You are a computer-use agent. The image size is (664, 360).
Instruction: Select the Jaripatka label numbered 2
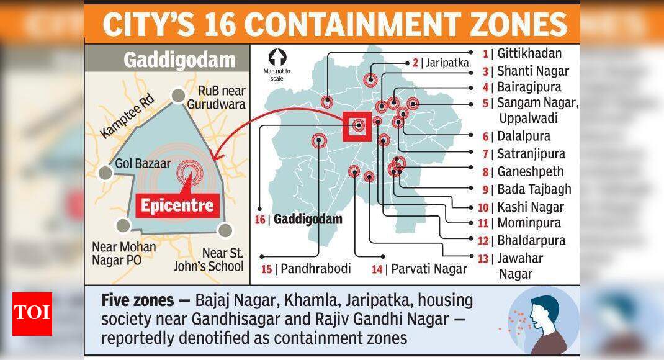tap(445, 63)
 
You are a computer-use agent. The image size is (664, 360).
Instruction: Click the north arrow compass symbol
tap(277, 58)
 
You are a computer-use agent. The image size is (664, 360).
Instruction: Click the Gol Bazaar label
tap(140, 164)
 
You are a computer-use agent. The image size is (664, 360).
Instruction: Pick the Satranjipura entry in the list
tap(531, 154)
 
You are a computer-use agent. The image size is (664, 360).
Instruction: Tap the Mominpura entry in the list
tap(528, 223)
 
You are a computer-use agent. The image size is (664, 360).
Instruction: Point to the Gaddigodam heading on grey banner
tap(179, 60)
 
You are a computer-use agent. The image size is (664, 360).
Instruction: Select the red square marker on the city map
tap(358, 126)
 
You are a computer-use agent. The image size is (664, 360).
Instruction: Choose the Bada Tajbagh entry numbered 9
tap(534, 189)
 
